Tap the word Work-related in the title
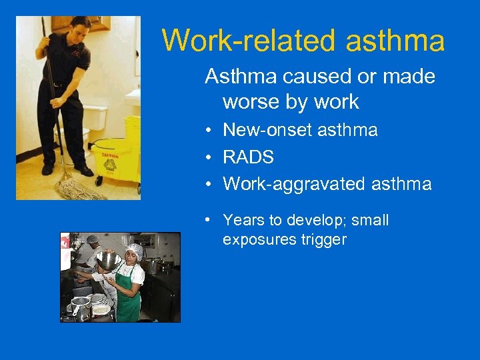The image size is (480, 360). [x=250, y=40]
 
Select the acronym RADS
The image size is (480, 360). [x=248, y=157]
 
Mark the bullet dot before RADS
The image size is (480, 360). [x=209, y=157]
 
